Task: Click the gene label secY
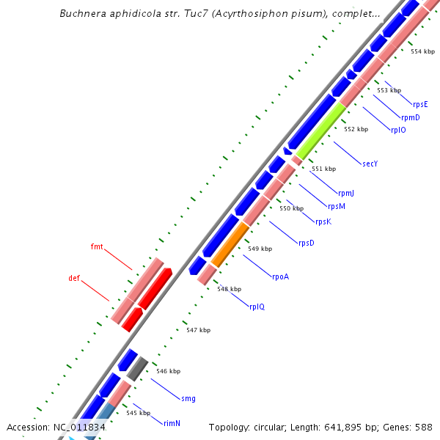tap(370, 164)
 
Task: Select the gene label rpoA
tap(281, 276)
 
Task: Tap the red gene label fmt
tap(97, 246)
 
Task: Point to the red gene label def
tap(74, 279)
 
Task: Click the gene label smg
tap(188, 398)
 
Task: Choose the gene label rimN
tap(172, 423)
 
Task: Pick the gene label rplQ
tap(257, 307)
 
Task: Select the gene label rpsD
tap(306, 243)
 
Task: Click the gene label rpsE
tap(420, 104)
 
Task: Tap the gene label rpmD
tap(410, 117)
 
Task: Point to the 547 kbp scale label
tap(198, 330)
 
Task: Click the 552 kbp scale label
tap(356, 129)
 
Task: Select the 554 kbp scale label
tap(422, 51)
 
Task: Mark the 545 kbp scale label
tap(138, 413)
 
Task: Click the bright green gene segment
tap(320, 131)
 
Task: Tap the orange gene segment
tap(230, 244)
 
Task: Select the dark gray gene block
tap(138, 368)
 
